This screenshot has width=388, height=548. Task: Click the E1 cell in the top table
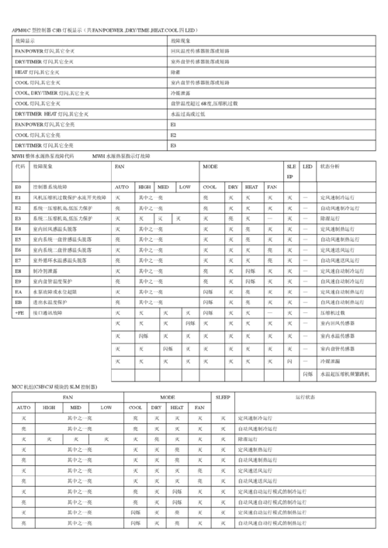click(x=173, y=124)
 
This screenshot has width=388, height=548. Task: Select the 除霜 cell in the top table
click(x=175, y=71)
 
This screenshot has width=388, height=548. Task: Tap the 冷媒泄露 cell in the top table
click(x=180, y=91)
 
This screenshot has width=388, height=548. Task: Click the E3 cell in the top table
click(x=173, y=145)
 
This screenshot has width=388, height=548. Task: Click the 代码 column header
click(x=19, y=167)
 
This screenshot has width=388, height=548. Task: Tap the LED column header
click(x=307, y=167)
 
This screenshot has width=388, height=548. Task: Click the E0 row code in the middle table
click(x=19, y=187)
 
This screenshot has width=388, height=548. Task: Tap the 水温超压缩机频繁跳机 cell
click(x=341, y=374)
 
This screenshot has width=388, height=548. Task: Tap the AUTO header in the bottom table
click(x=23, y=407)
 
